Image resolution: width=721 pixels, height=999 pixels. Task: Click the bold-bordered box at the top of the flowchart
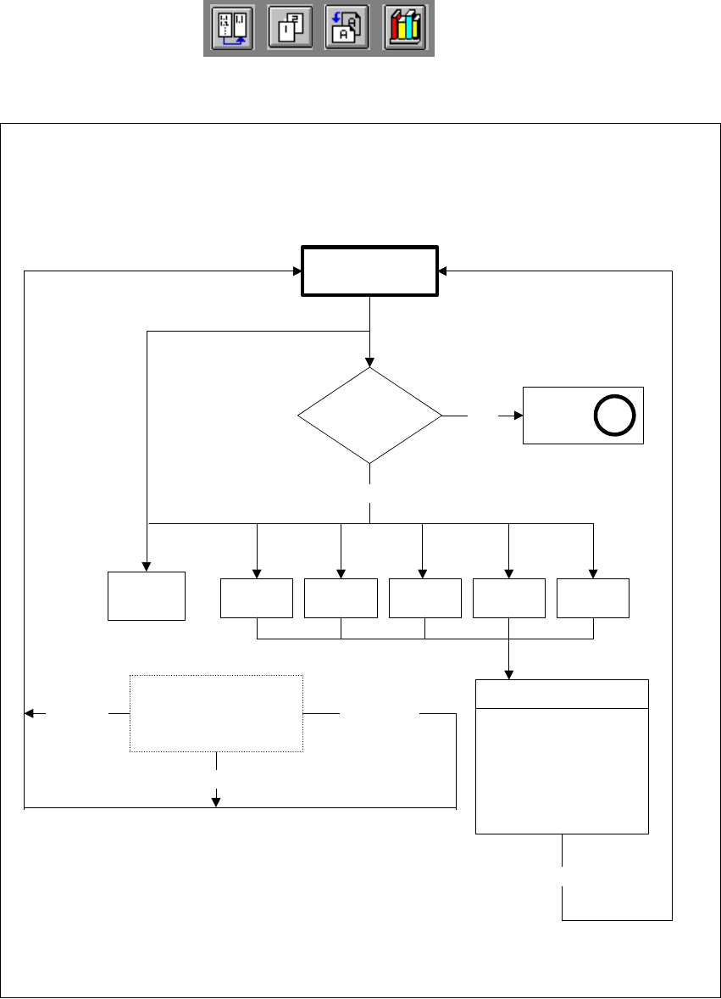point(370,271)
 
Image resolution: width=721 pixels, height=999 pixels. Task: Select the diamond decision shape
point(370,416)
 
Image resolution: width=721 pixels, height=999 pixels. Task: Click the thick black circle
point(609,416)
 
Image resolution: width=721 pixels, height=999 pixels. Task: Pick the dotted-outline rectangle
point(216,713)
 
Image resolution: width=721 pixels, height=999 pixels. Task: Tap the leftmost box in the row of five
point(257,598)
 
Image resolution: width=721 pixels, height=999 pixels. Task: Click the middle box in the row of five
point(424,598)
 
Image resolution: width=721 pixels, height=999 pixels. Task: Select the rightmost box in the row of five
point(593,598)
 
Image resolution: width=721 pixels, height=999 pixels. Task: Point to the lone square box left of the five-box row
point(147,596)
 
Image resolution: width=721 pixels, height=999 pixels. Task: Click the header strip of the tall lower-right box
point(563,694)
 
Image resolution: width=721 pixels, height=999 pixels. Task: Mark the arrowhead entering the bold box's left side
point(297,271)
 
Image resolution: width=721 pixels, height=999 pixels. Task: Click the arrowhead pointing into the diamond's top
point(370,362)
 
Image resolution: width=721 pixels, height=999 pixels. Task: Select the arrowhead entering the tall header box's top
point(508,674)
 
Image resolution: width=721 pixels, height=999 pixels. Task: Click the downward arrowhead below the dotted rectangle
point(216,801)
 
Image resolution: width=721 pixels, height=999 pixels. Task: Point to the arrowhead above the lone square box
point(147,567)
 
